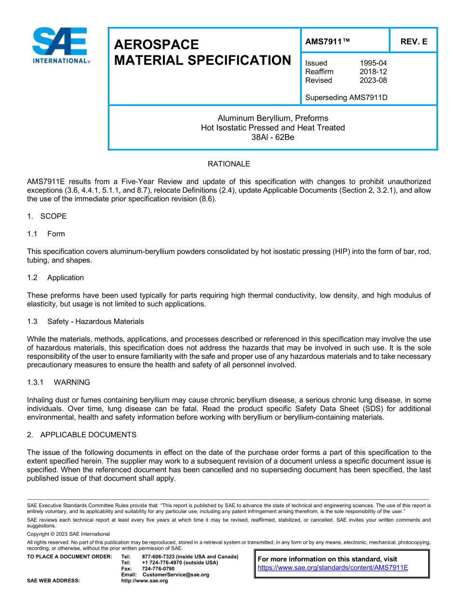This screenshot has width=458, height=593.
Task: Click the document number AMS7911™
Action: pyautogui.click(x=327, y=41)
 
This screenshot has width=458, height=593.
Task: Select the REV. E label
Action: pyautogui.click(x=414, y=41)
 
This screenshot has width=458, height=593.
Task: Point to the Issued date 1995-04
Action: pyautogui.click(x=373, y=63)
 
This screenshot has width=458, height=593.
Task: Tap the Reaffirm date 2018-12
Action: pyautogui.click(x=373, y=72)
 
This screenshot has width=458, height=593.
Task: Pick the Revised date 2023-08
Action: pyautogui.click(x=373, y=81)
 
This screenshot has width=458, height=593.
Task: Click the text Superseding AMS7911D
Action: pyautogui.click(x=346, y=98)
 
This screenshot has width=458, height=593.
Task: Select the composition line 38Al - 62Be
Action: pyautogui.click(x=273, y=137)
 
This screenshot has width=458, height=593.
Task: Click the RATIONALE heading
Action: pyautogui.click(x=229, y=164)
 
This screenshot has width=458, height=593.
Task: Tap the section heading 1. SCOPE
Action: pyautogui.click(x=47, y=216)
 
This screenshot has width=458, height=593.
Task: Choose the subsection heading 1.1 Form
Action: pyautogui.click(x=46, y=234)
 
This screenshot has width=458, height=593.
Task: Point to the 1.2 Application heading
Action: pyautogui.click(x=55, y=278)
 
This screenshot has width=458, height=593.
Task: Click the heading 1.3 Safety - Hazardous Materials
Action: pyautogui.click(x=85, y=322)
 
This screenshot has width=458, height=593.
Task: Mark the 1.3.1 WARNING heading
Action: pyautogui.click(x=58, y=382)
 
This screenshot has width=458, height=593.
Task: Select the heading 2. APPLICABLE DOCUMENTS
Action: pyautogui.click(x=81, y=435)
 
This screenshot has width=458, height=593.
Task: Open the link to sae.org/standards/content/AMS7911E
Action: pyautogui.click(x=333, y=567)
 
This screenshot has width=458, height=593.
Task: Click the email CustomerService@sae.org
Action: pyautogui.click(x=175, y=575)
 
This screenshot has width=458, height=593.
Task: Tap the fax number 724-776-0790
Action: pyautogui.click(x=158, y=569)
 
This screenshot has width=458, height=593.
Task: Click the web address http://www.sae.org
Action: pyautogui.click(x=144, y=581)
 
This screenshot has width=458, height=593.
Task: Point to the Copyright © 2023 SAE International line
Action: pyautogui.click(x=68, y=534)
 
